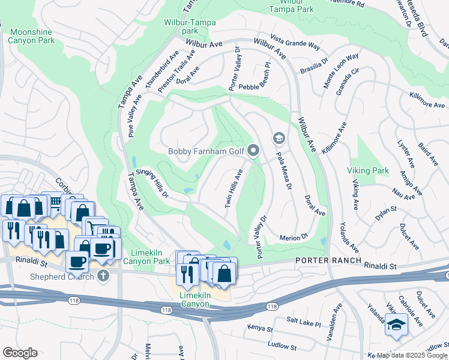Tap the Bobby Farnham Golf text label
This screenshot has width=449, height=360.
207,151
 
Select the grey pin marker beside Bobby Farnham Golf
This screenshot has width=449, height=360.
253,151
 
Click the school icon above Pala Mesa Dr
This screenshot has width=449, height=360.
279,139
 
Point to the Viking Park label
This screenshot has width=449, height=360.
367,171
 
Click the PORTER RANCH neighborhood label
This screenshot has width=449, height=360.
328,261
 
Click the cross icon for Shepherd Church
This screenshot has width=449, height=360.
103,276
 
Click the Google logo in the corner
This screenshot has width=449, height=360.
20,352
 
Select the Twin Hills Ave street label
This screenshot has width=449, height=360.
234,188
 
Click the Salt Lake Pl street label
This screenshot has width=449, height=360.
304,323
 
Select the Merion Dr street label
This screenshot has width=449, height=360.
294,238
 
